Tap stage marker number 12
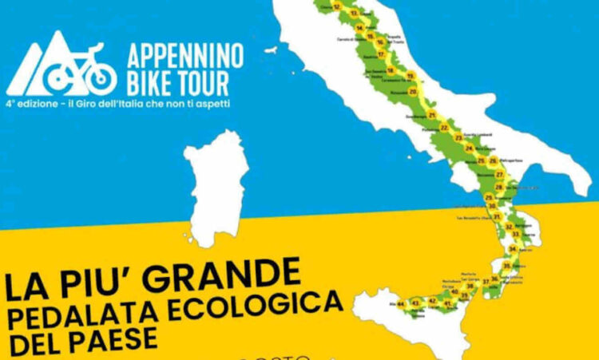(337, 6)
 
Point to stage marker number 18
(391, 69)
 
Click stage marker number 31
(496, 216)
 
